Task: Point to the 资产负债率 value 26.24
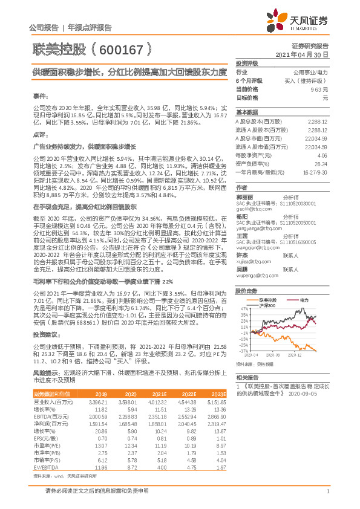(321, 164)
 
